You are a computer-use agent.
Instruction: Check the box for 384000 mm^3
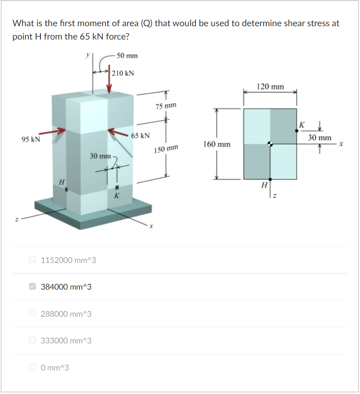point(32,287)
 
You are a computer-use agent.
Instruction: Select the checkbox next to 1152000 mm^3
point(32,259)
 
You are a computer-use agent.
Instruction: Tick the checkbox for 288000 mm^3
point(32,313)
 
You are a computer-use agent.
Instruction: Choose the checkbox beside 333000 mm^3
point(32,340)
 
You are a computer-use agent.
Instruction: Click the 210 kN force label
point(123,73)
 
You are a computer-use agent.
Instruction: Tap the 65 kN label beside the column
point(140,135)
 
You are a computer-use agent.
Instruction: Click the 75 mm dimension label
point(166,106)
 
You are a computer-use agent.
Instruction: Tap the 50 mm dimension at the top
point(127,56)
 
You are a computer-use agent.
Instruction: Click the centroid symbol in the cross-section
point(270,144)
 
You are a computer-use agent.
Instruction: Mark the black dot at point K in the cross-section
point(297,131)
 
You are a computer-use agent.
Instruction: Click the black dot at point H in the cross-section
point(270,179)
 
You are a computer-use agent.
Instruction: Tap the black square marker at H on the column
point(66,190)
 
